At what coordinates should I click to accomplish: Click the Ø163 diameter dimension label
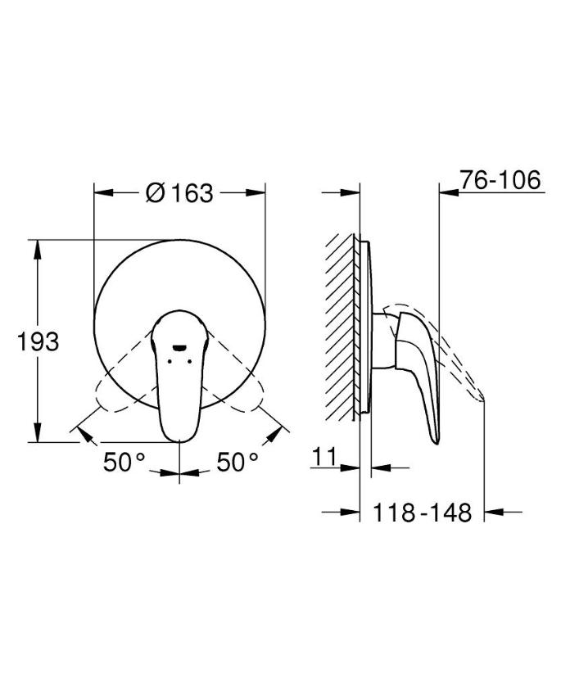click(179, 193)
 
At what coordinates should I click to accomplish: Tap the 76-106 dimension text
click(500, 180)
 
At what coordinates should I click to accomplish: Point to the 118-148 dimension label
click(422, 512)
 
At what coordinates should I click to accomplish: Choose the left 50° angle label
click(124, 462)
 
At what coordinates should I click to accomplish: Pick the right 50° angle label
click(238, 462)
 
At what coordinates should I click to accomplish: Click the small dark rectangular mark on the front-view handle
click(179, 348)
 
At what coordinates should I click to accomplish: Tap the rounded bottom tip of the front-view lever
click(179, 440)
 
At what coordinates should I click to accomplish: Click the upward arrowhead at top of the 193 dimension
click(38, 249)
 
